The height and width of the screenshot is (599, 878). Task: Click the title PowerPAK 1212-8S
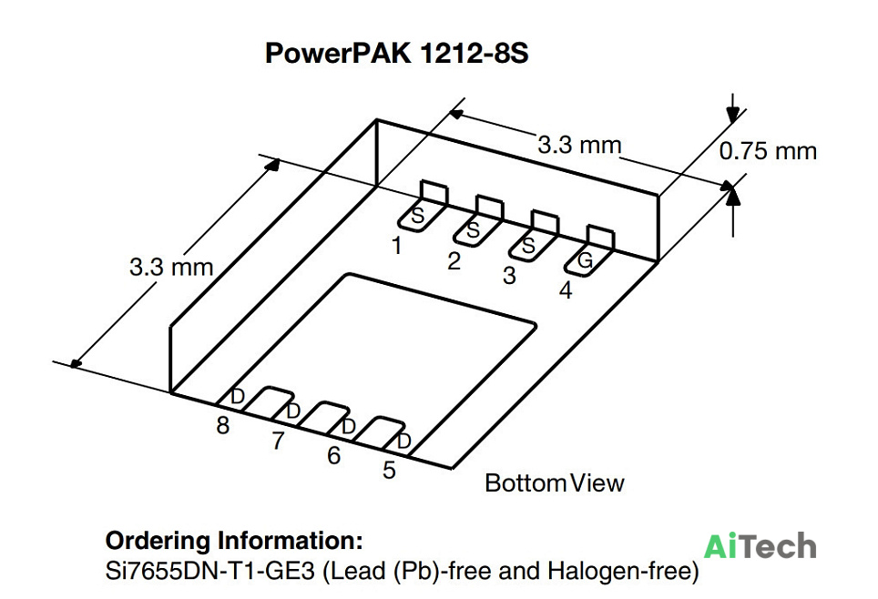tap(396, 54)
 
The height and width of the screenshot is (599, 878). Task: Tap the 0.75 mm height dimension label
tap(768, 151)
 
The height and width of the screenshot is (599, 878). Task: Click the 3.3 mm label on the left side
tap(171, 267)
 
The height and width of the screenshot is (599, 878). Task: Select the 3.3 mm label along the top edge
tap(579, 145)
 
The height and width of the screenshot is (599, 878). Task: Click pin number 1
tap(397, 246)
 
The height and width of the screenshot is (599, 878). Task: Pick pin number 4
tap(566, 290)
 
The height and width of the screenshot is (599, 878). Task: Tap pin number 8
tap(223, 425)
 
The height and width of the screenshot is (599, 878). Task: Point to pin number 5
tap(389, 470)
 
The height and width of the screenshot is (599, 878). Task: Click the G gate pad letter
tap(585, 260)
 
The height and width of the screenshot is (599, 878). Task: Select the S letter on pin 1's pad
tap(418, 216)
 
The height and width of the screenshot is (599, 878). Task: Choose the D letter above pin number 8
tap(238, 396)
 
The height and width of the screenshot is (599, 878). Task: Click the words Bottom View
tap(555, 483)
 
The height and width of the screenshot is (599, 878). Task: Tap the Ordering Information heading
tap(234, 541)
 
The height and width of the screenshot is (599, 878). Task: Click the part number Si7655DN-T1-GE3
tap(210, 571)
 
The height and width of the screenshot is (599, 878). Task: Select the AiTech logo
tap(760, 546)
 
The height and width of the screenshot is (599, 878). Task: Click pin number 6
tap(333, 455)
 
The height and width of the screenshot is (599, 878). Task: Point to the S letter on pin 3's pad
tap(528, 246)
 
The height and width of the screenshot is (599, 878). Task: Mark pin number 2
tap(454, 261)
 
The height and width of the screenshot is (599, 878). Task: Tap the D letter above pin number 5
tap(403, 442)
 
